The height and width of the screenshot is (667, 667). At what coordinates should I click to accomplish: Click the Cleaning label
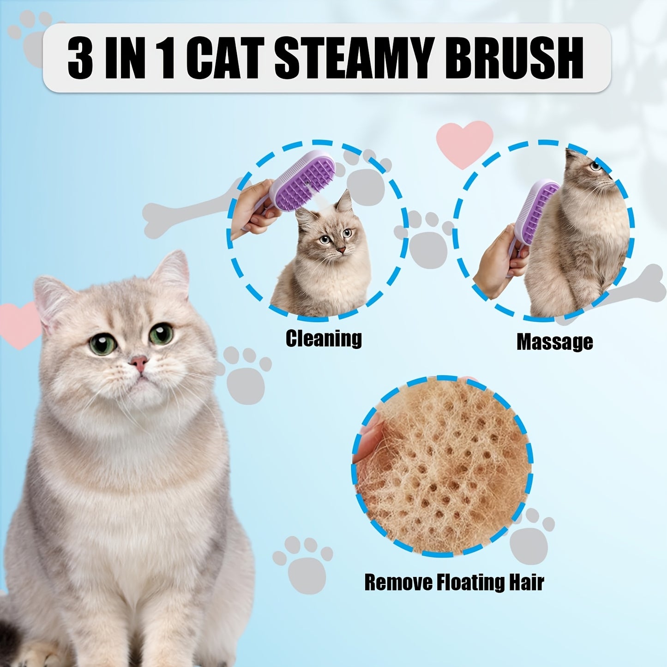pyautogui.click(x=324, y=338)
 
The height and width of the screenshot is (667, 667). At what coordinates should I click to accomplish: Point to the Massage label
pyautogui.click(x=554, y=342)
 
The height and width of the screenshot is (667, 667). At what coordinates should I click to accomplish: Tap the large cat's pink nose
pyautogui.click(x=138, y=362)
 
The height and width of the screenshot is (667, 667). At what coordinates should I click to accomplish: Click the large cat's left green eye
pyautogui.click(x=102, y=344)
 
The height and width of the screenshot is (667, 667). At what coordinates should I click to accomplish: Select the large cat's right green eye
pyautogui.click(x=161, y=333)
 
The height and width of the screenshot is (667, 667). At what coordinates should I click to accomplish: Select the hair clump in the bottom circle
pyautogui.click(x=443, y=466)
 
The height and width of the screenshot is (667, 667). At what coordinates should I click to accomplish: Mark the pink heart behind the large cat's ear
pyautogui.click(x=18, y=323)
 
